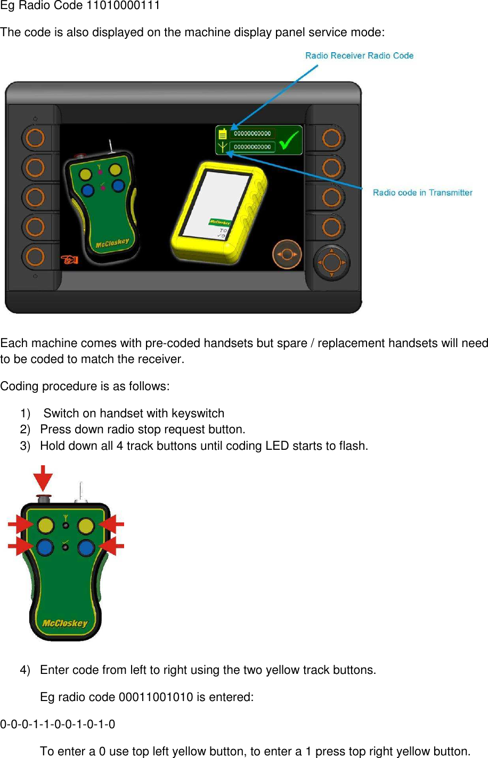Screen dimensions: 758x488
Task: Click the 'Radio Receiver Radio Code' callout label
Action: pos(359,55)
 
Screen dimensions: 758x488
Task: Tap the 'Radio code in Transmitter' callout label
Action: pos(422,193)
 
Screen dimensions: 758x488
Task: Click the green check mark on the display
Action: pos(289,141)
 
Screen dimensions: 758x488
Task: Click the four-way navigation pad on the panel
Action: pos(331,262)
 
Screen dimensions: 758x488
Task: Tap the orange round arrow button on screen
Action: pos(287,254)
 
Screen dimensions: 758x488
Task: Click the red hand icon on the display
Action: pos(69,259)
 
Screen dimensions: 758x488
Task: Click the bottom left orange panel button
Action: pos(35,257)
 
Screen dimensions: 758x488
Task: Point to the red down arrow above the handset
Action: pos(43,477)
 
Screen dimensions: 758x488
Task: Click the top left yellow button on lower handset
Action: pos(45,526)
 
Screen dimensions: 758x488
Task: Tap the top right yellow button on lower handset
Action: pos(86,526)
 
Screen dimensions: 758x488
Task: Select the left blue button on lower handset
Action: pos(45,547)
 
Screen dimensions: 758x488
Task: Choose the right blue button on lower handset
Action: pos(86,547)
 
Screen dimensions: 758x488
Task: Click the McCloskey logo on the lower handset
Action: pos(65,623)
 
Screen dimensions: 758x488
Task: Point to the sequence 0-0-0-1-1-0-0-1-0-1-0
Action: pos(58,724)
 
